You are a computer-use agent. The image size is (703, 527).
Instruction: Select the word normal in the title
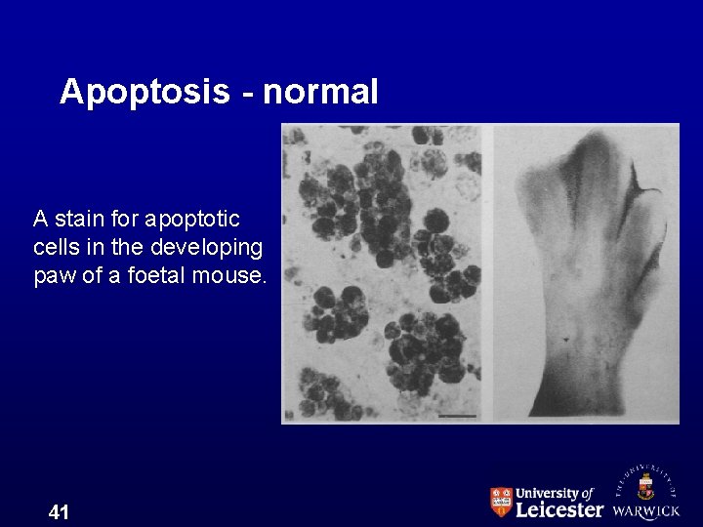tap(319, 92)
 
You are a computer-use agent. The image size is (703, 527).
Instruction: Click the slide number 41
tap(59, 511)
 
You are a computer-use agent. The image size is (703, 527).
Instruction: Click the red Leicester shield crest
tap(500, 502)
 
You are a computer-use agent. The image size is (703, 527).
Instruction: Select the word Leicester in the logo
tap(558, 508)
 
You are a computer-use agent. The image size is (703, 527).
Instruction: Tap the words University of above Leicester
tap(554, 493)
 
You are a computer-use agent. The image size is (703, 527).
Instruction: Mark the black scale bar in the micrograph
tap(457, 416)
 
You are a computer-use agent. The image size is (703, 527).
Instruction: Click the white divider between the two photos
tap(487, 273)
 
